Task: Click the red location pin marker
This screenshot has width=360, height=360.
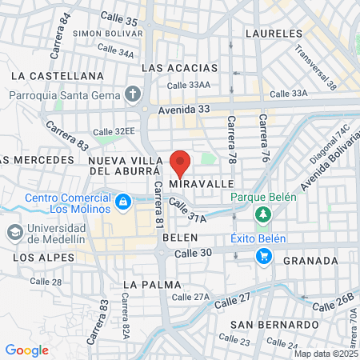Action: click(180, 163)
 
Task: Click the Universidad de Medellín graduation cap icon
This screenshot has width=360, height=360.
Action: click(14, 233)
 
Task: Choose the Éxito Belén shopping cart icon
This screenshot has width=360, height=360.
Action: click(263, 256)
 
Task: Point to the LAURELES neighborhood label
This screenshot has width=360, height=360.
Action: click(274, 34)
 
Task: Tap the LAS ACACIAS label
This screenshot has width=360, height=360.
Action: click(179, 68)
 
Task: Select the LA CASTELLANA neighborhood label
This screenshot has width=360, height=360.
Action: click(58, 75)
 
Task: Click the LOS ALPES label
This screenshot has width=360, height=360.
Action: click(44, 258)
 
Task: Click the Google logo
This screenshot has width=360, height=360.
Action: click(26, 350)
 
